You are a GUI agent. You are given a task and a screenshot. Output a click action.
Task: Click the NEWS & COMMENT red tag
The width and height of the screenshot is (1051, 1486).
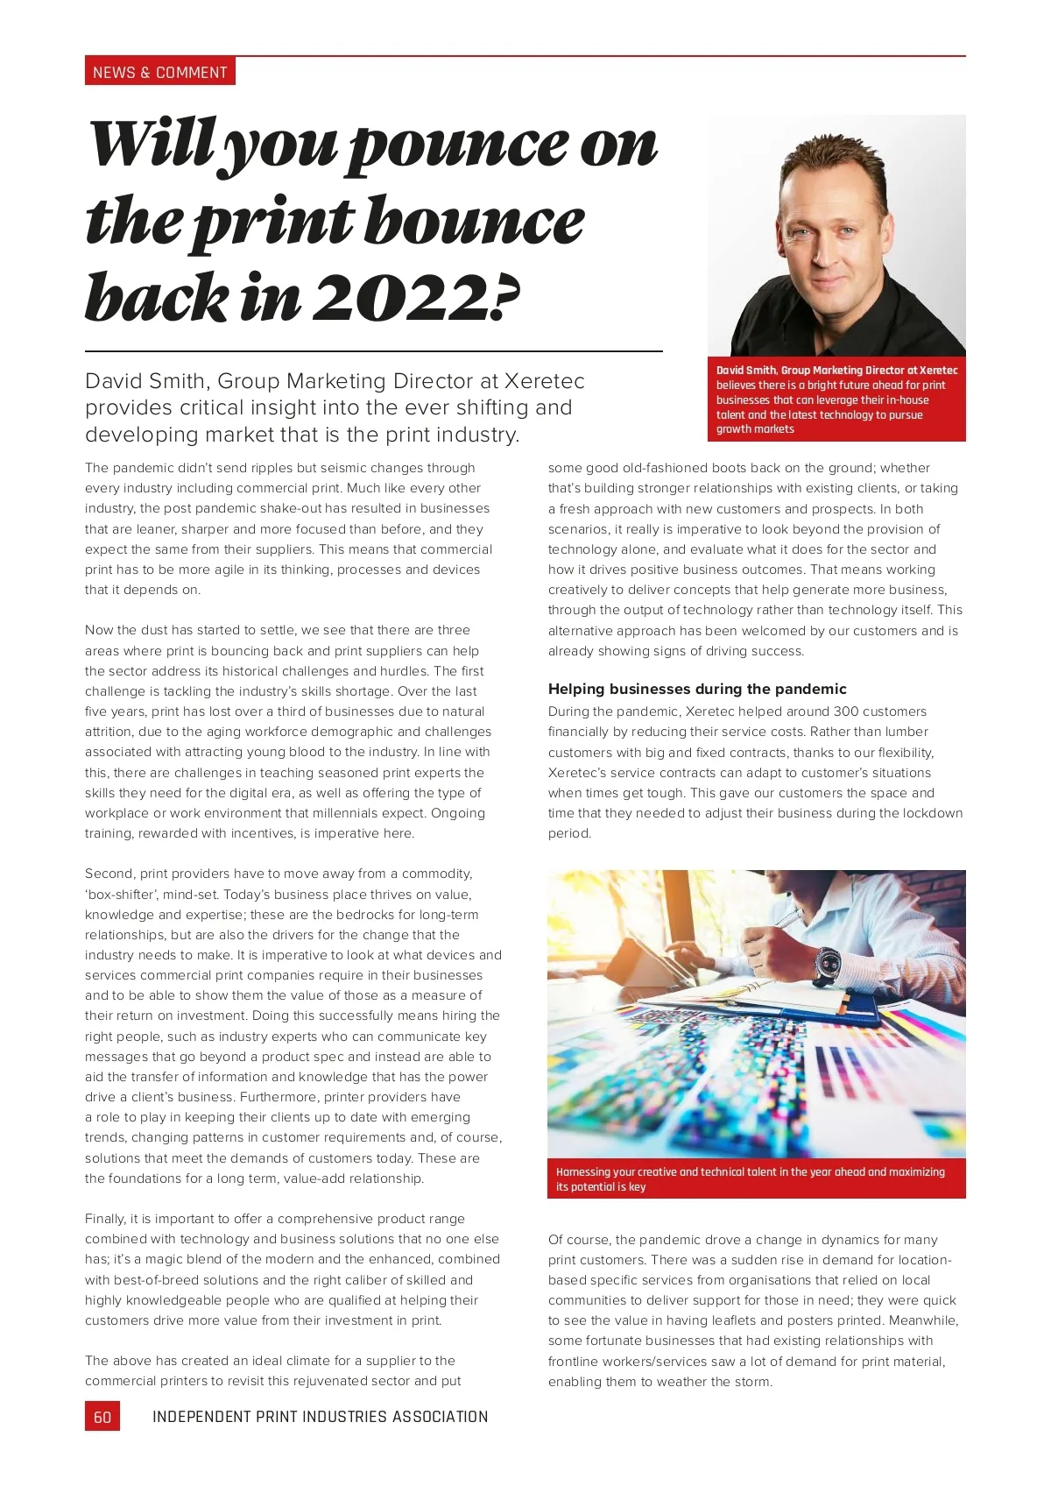point(159,72)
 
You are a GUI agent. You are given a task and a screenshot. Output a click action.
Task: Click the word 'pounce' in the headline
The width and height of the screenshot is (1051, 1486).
point(460,145)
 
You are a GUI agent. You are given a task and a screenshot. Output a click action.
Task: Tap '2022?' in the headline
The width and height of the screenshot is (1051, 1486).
point(417,298)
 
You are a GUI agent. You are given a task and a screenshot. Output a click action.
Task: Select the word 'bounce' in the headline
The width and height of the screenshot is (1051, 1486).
point(474,223)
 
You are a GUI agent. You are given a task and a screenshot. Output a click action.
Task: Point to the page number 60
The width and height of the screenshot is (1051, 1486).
point(102,1417)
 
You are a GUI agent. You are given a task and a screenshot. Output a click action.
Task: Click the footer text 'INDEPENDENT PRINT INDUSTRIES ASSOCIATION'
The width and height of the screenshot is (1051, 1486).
point(320,1417)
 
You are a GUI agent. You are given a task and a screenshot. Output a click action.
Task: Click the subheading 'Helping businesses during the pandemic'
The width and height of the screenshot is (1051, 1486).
point(697,689)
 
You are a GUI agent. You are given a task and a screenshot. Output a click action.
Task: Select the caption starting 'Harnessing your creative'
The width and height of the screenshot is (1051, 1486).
point(750,1178)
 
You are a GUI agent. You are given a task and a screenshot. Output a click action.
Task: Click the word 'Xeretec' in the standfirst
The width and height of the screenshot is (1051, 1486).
point(544,381)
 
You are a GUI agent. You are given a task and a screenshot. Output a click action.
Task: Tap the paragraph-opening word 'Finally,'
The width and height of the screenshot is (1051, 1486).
point(106,1219)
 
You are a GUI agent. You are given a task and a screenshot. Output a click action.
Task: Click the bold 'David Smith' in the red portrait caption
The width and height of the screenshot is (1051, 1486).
point(746,371)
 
